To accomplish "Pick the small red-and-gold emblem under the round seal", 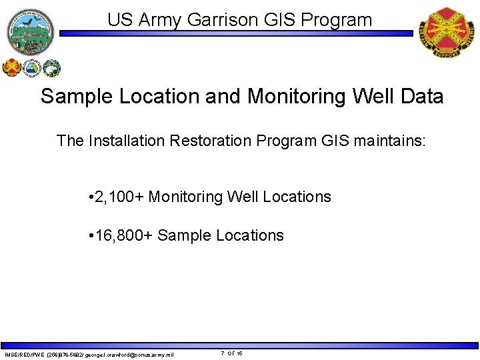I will [13, 67].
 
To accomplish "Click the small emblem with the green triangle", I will [31, 67].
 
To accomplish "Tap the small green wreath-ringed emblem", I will [51, 67].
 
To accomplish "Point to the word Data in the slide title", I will [419, 97].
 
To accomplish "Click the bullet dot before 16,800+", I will [90, 236].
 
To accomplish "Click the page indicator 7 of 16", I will [232, 353].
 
